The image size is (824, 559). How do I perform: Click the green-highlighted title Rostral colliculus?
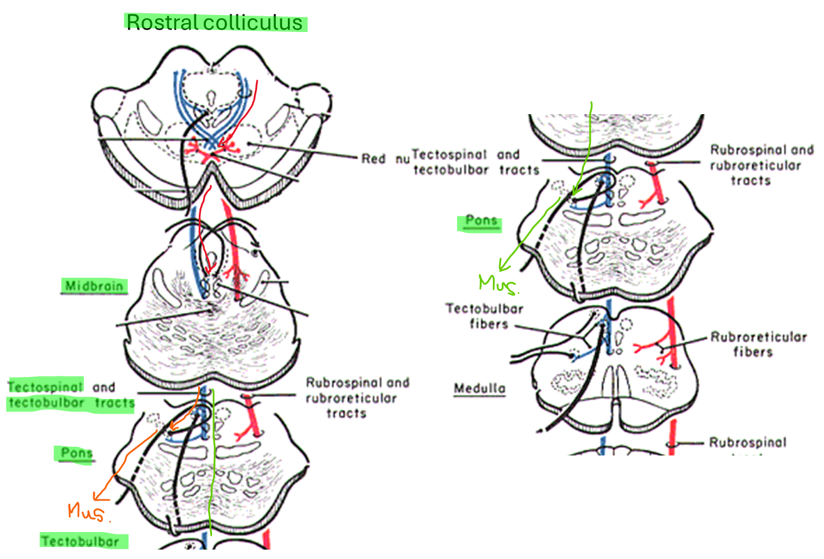pos(215,23)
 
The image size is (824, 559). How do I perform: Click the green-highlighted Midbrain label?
pos(94,286)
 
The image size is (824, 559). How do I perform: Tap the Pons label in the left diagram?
pos(77,453)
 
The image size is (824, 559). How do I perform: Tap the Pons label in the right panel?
pos(482,221)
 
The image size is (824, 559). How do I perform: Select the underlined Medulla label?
pos(480,388)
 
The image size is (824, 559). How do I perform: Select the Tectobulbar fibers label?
pos(484,316)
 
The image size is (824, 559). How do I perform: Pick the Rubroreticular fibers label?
pos(758,344)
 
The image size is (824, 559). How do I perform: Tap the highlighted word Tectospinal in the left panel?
pos(46,387)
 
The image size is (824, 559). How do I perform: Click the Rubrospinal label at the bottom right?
pos(747,442)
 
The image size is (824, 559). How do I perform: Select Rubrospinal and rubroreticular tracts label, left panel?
pos(357,398)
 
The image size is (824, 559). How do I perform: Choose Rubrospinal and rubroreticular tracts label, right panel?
pos(761,165)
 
